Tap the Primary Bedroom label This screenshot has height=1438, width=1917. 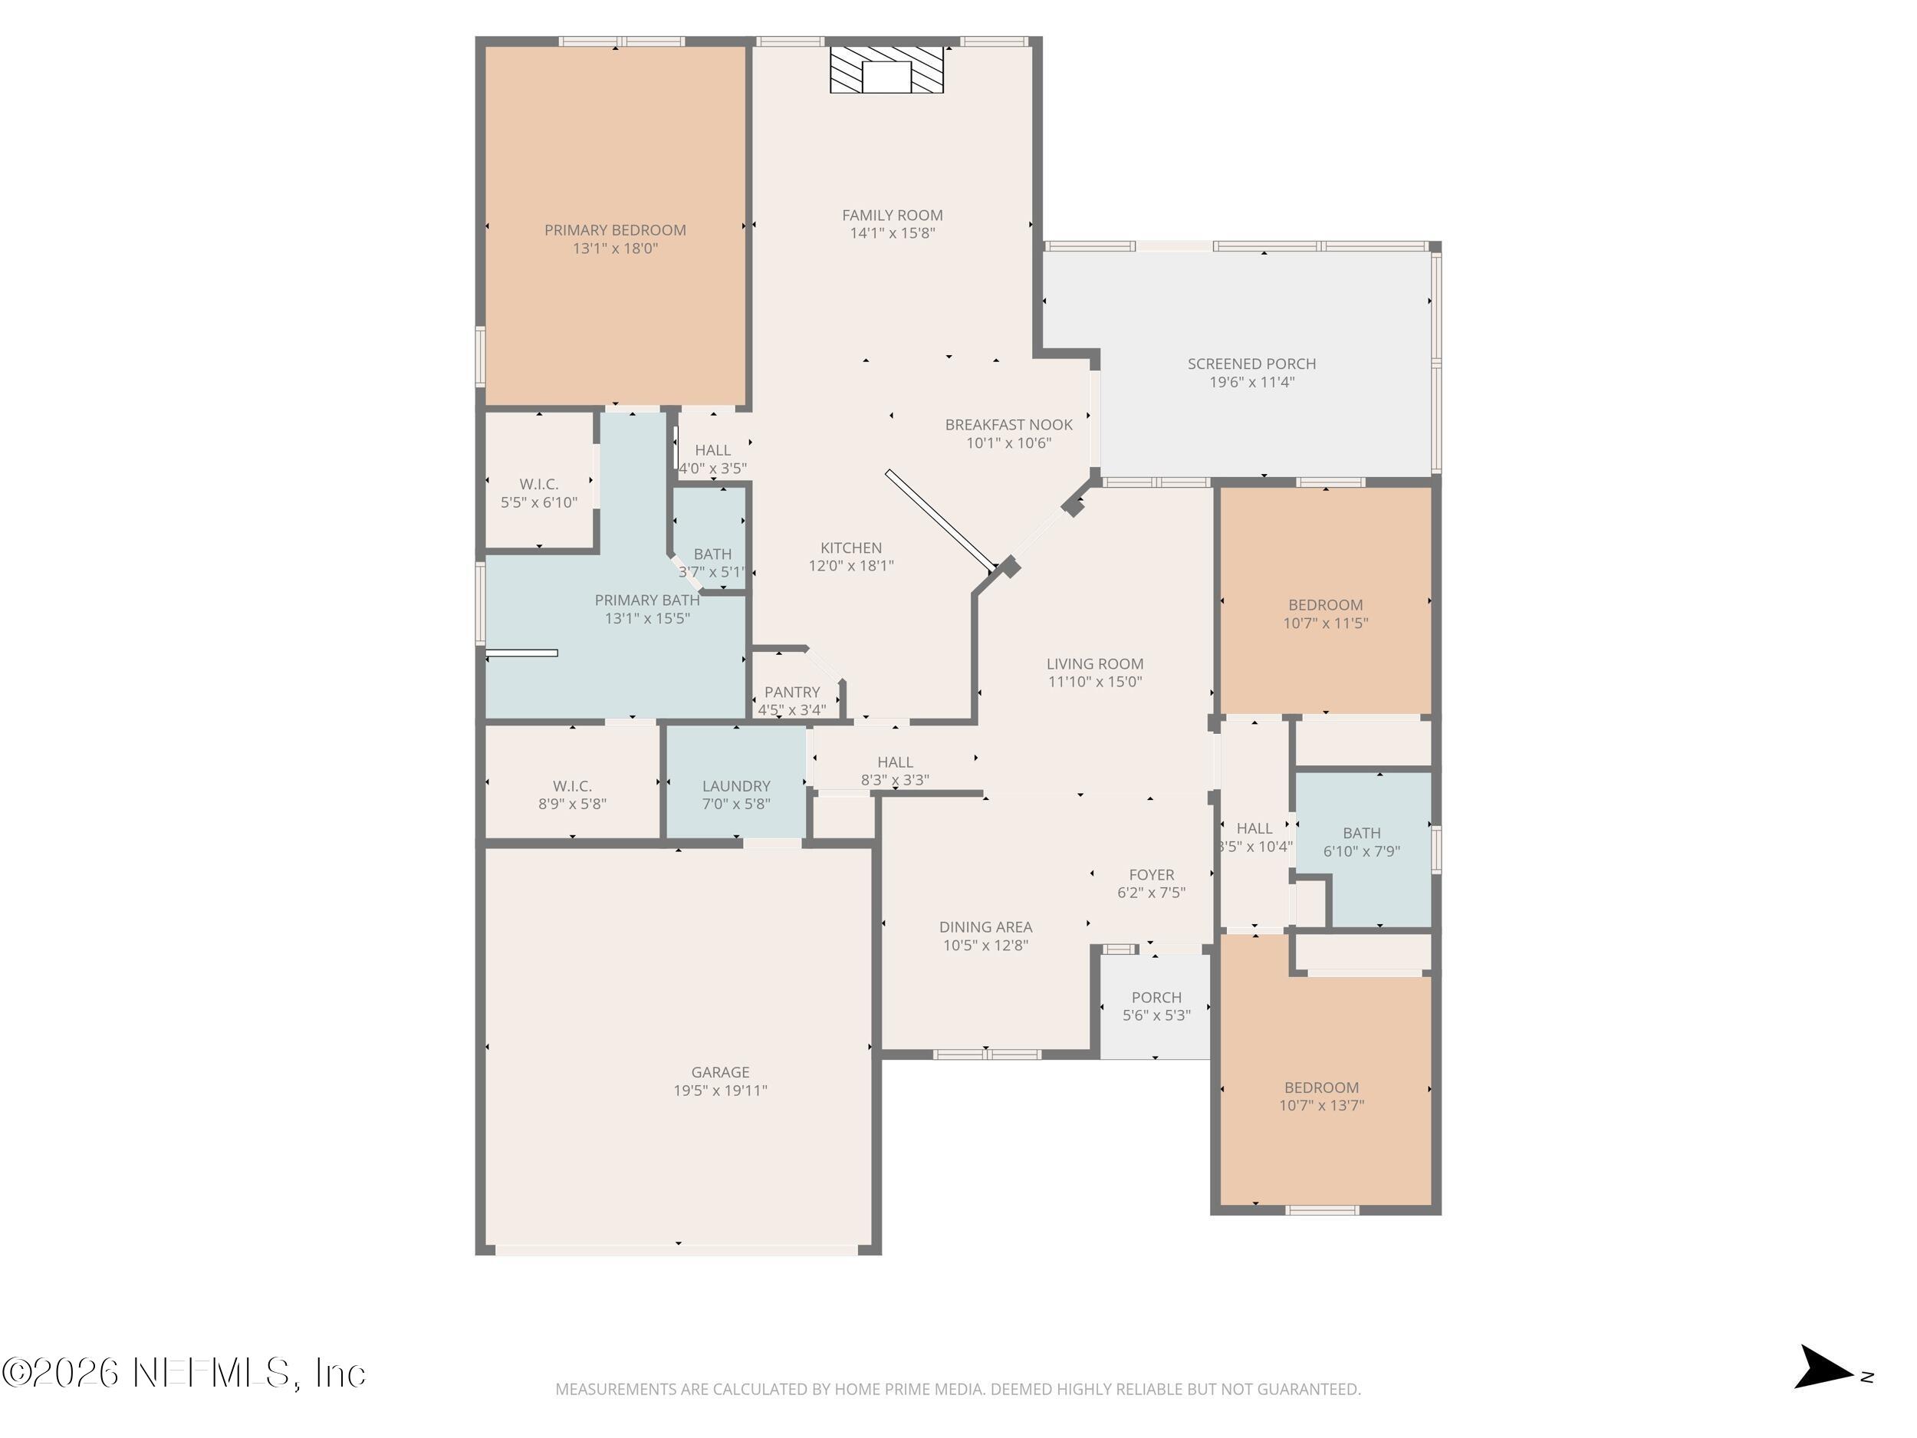point(614,231)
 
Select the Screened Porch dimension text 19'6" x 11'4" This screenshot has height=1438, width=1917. point(1251,382)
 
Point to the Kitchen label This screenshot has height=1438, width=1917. point(850,548)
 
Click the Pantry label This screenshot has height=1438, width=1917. point(791,693)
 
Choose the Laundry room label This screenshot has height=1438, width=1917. point(736,786)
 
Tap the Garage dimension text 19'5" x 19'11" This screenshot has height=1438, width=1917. point(719,1091)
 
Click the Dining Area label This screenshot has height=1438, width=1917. point(985,927)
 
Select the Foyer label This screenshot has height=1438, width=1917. point(1151,874)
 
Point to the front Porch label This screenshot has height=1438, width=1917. point(1156,998)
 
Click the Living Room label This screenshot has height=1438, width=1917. point(1094,664)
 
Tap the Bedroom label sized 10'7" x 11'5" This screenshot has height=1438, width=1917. point(1325,605)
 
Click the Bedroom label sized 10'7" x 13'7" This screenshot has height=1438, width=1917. point(1320,1088)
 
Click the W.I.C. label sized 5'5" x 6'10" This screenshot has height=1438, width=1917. point(538,485)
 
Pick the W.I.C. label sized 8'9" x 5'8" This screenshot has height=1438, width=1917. point(572,786)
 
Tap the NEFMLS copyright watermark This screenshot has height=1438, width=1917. point(184,1373)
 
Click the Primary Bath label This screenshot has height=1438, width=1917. point(646,600)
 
